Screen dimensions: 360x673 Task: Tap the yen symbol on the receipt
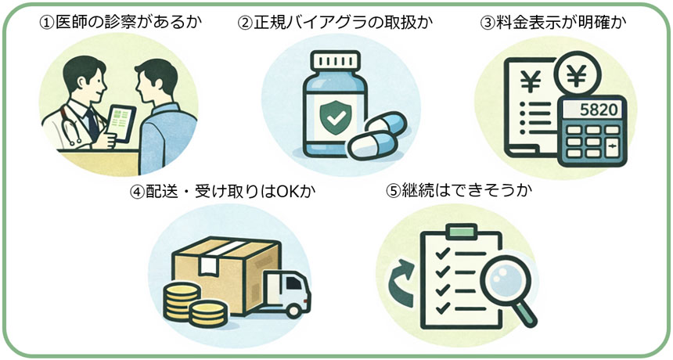coord(526,78)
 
